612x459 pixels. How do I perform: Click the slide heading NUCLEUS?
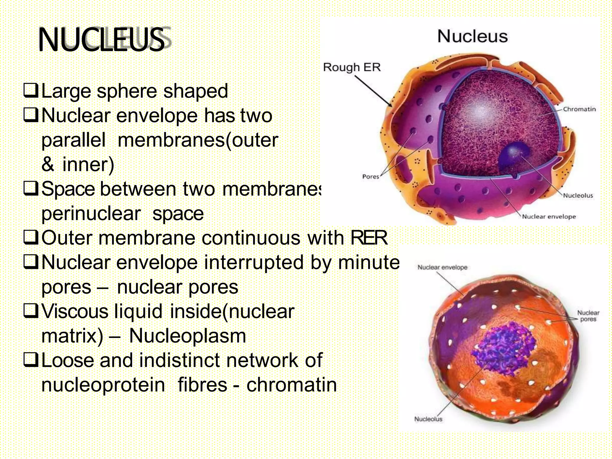[102, 40]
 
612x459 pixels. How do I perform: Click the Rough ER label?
[352, 67]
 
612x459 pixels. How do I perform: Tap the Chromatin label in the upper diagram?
[579, 109]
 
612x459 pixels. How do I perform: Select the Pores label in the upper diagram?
[371, 177]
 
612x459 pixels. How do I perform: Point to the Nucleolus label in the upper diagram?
[578, 195]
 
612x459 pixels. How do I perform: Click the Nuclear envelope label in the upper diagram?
[549, 217]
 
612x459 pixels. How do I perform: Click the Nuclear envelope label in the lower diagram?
[442, 267]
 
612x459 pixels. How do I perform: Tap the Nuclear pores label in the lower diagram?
[588, 316]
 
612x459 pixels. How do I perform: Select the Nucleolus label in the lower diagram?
[428, 419]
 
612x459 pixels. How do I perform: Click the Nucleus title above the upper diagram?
[472, 36]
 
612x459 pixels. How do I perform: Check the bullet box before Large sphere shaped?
[30, 91]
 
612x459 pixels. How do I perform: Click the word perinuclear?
[91, 214]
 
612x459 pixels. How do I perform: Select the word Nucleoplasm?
[187, 336]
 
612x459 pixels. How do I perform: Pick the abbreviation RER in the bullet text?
[369, 238]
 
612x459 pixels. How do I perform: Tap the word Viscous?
[75, 311]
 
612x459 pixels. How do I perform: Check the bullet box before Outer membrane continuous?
[30, 238]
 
